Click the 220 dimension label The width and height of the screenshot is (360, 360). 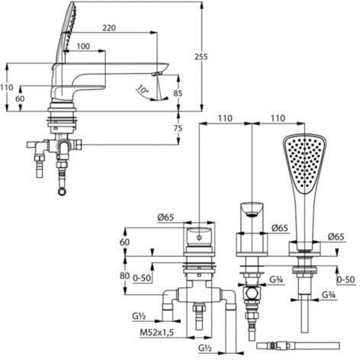click(109, 27)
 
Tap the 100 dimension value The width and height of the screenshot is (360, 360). click(83, 47)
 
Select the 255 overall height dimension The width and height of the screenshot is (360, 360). click(201, 56)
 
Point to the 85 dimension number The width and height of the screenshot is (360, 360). click(178, 93)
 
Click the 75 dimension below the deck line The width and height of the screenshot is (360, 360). click(178, 128)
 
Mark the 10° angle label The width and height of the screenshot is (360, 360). click(143, 90)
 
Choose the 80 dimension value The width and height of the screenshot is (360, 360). click(124, 275)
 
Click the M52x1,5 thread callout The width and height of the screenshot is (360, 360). click(157, 333)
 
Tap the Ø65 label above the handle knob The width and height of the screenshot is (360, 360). click(166, 217)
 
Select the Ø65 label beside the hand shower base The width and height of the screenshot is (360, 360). click(336, 236)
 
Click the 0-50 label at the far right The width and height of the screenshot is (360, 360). click(346, 280)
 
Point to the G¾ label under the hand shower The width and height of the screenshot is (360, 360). click(329, 295)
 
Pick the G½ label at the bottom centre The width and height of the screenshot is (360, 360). click(205, 349)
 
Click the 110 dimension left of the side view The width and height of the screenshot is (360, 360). click(6, 88)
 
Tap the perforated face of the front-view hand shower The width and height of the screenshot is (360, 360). click(304, 163)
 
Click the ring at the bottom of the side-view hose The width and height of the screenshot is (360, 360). click(62, 191)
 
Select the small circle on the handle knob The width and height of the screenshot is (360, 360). click(200, 238)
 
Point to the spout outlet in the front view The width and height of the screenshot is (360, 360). click(251, 214)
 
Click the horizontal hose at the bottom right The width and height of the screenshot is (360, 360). click(298, 346)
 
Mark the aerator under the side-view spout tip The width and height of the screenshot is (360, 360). click(156, 74)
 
